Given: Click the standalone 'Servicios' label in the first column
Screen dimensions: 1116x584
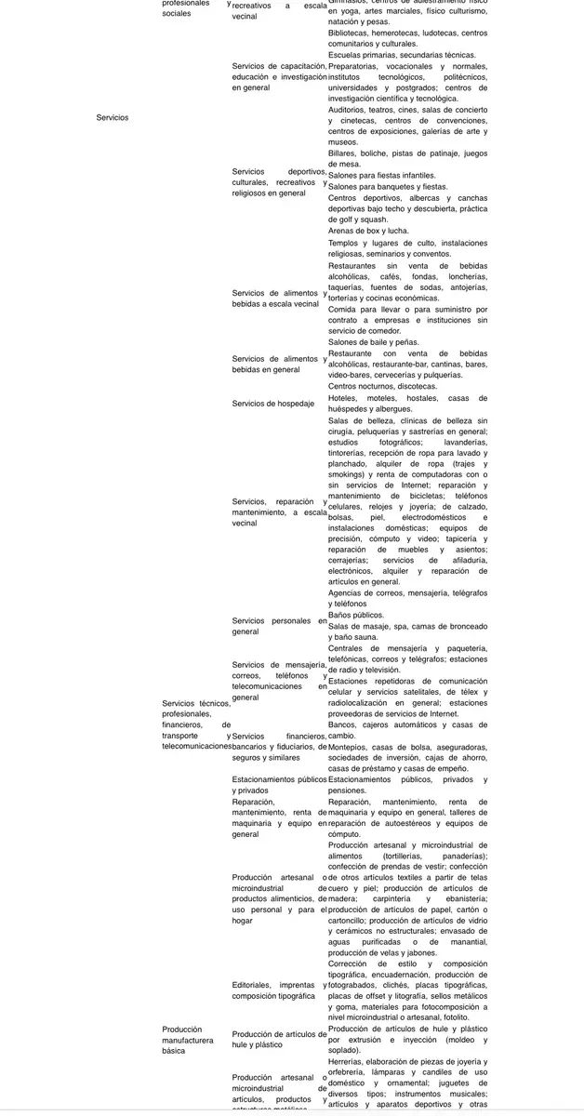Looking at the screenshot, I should (x=113, y=117).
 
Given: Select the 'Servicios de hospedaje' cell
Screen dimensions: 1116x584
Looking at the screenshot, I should (x=273, y=403).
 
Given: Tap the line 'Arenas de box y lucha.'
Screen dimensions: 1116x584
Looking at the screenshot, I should (x=368, y=231).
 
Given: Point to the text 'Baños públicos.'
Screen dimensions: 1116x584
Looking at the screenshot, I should (x=356, y=615).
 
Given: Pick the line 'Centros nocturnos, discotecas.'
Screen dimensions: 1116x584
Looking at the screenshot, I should (x=382, y=386).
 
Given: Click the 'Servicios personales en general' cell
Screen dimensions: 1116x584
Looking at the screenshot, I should (x=279, y=626).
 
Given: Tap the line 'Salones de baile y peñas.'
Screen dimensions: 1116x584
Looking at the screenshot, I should (x=374, y=342).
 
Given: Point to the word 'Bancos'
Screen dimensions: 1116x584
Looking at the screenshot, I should (x=343, y=724).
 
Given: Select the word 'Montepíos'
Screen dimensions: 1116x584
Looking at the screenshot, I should (x=351, y=747).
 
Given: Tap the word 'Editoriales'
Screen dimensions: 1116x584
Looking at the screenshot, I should (x=255, y=985).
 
